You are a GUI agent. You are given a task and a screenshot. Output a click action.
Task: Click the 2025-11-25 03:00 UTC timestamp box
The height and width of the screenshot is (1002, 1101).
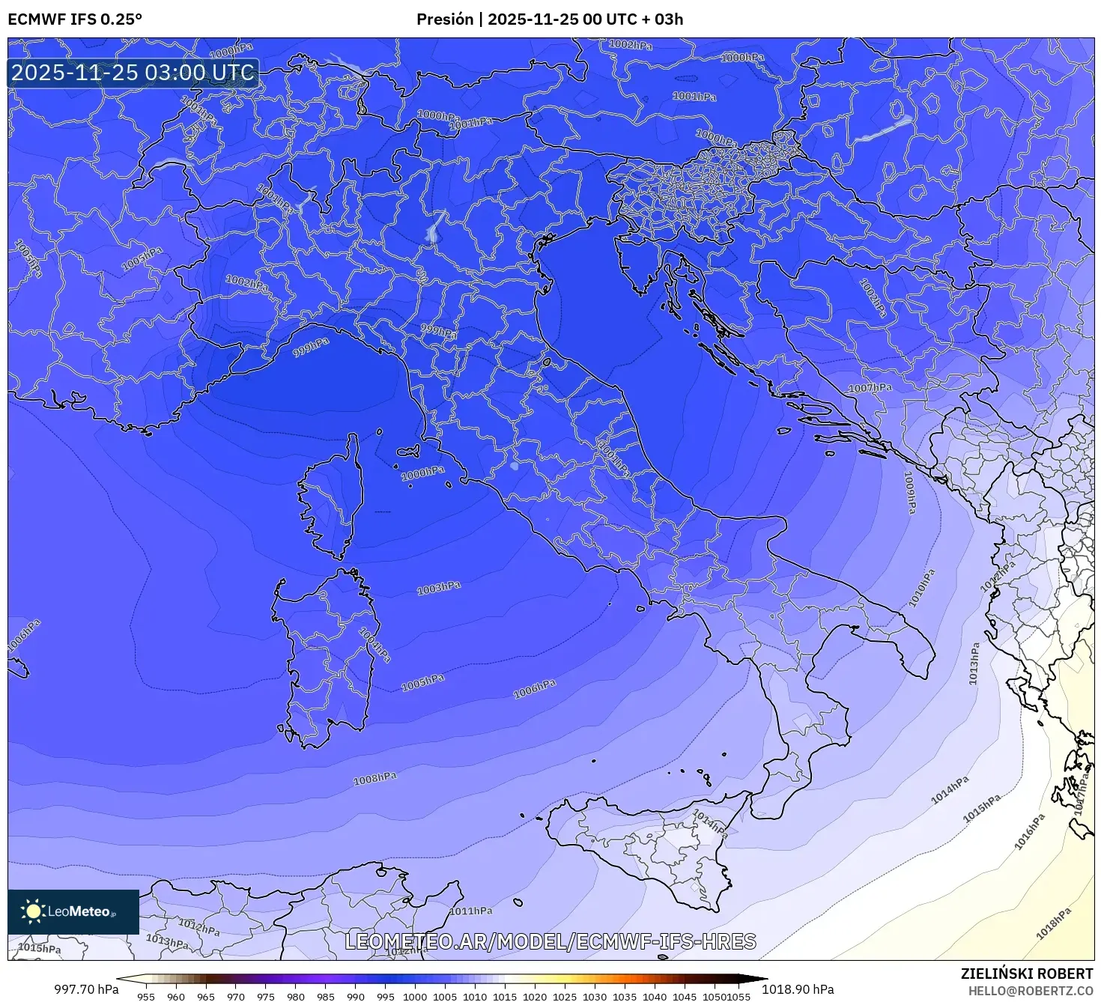[133, 73]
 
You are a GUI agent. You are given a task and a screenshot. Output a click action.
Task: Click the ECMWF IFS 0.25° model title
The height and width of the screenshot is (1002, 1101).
[75, 19]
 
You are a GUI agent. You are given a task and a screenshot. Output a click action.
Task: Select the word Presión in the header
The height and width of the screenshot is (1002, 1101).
[444, 19]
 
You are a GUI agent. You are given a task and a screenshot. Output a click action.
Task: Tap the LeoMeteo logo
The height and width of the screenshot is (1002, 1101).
[73, 911]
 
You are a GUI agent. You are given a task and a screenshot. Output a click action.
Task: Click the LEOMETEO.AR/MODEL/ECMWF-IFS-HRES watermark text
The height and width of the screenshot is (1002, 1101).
[550, 941]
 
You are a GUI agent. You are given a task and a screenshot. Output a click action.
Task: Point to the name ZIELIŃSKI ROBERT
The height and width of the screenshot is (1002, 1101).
[1027, 974]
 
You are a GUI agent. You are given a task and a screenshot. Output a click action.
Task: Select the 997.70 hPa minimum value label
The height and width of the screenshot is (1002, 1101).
[86, 989]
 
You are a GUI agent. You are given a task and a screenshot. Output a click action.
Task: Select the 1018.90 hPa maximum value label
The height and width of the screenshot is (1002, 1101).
[798, 989]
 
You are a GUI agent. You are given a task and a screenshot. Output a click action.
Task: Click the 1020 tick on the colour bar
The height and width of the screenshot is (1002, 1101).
[535, 996]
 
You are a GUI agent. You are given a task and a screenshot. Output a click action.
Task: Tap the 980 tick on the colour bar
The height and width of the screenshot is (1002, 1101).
[295, 996]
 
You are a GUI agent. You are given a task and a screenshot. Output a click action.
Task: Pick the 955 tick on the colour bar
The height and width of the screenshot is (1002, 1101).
[146, 996]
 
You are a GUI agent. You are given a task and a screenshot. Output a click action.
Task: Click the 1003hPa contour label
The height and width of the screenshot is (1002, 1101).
[439, 589]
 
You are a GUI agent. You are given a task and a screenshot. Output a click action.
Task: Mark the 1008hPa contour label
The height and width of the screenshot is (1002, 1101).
[374, 779]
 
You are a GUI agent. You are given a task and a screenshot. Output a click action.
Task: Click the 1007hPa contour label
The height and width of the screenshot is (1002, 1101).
[870, 388]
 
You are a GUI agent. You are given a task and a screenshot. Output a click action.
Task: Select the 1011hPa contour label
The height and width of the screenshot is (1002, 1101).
[471, 911]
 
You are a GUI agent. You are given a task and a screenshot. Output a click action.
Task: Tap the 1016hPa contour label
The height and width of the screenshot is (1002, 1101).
[1029, 832]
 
